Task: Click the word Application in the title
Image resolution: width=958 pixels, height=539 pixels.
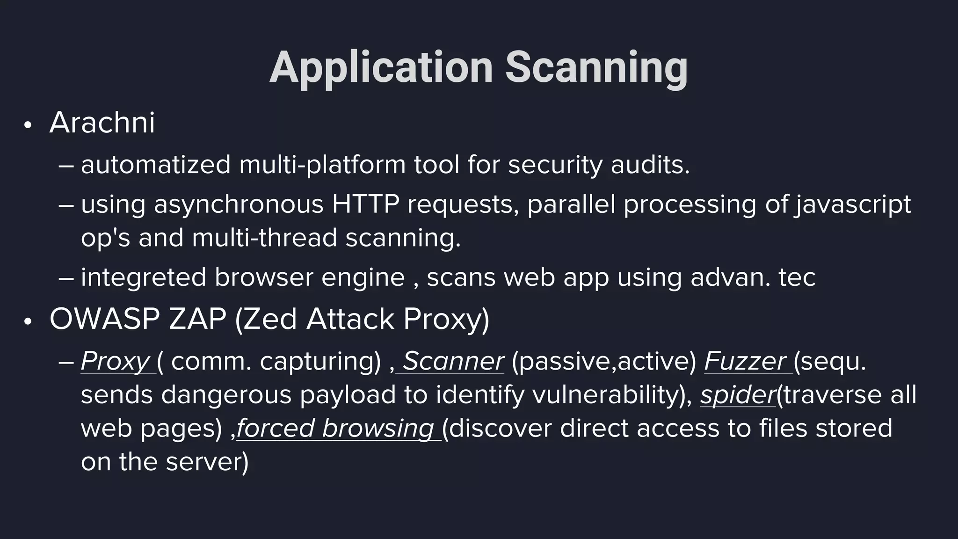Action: pos(381,68)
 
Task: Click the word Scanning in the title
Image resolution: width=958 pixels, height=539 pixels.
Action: pos(596,68)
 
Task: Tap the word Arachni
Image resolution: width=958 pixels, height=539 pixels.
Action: pos(102,123)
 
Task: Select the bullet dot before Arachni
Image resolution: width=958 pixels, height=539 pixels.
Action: pos(28,125)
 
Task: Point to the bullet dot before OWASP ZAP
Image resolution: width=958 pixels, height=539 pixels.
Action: pos(28,322)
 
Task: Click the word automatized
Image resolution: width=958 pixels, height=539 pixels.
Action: pos(156,165)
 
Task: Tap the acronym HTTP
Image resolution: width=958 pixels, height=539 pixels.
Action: pos(365,204)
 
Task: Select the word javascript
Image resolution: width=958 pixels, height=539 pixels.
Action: pos(852,204)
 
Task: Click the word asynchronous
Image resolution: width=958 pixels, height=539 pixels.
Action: pos(239,204)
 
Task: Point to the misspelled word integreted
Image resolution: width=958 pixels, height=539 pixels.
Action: pos(144,277)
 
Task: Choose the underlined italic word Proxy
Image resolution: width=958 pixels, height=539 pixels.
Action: pos(115,361)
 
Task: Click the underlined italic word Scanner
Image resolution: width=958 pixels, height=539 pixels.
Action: pos(453,361)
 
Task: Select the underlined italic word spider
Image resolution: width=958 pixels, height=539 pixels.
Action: pos(738,395)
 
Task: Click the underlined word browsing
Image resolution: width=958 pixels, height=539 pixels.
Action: pos(378,428)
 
